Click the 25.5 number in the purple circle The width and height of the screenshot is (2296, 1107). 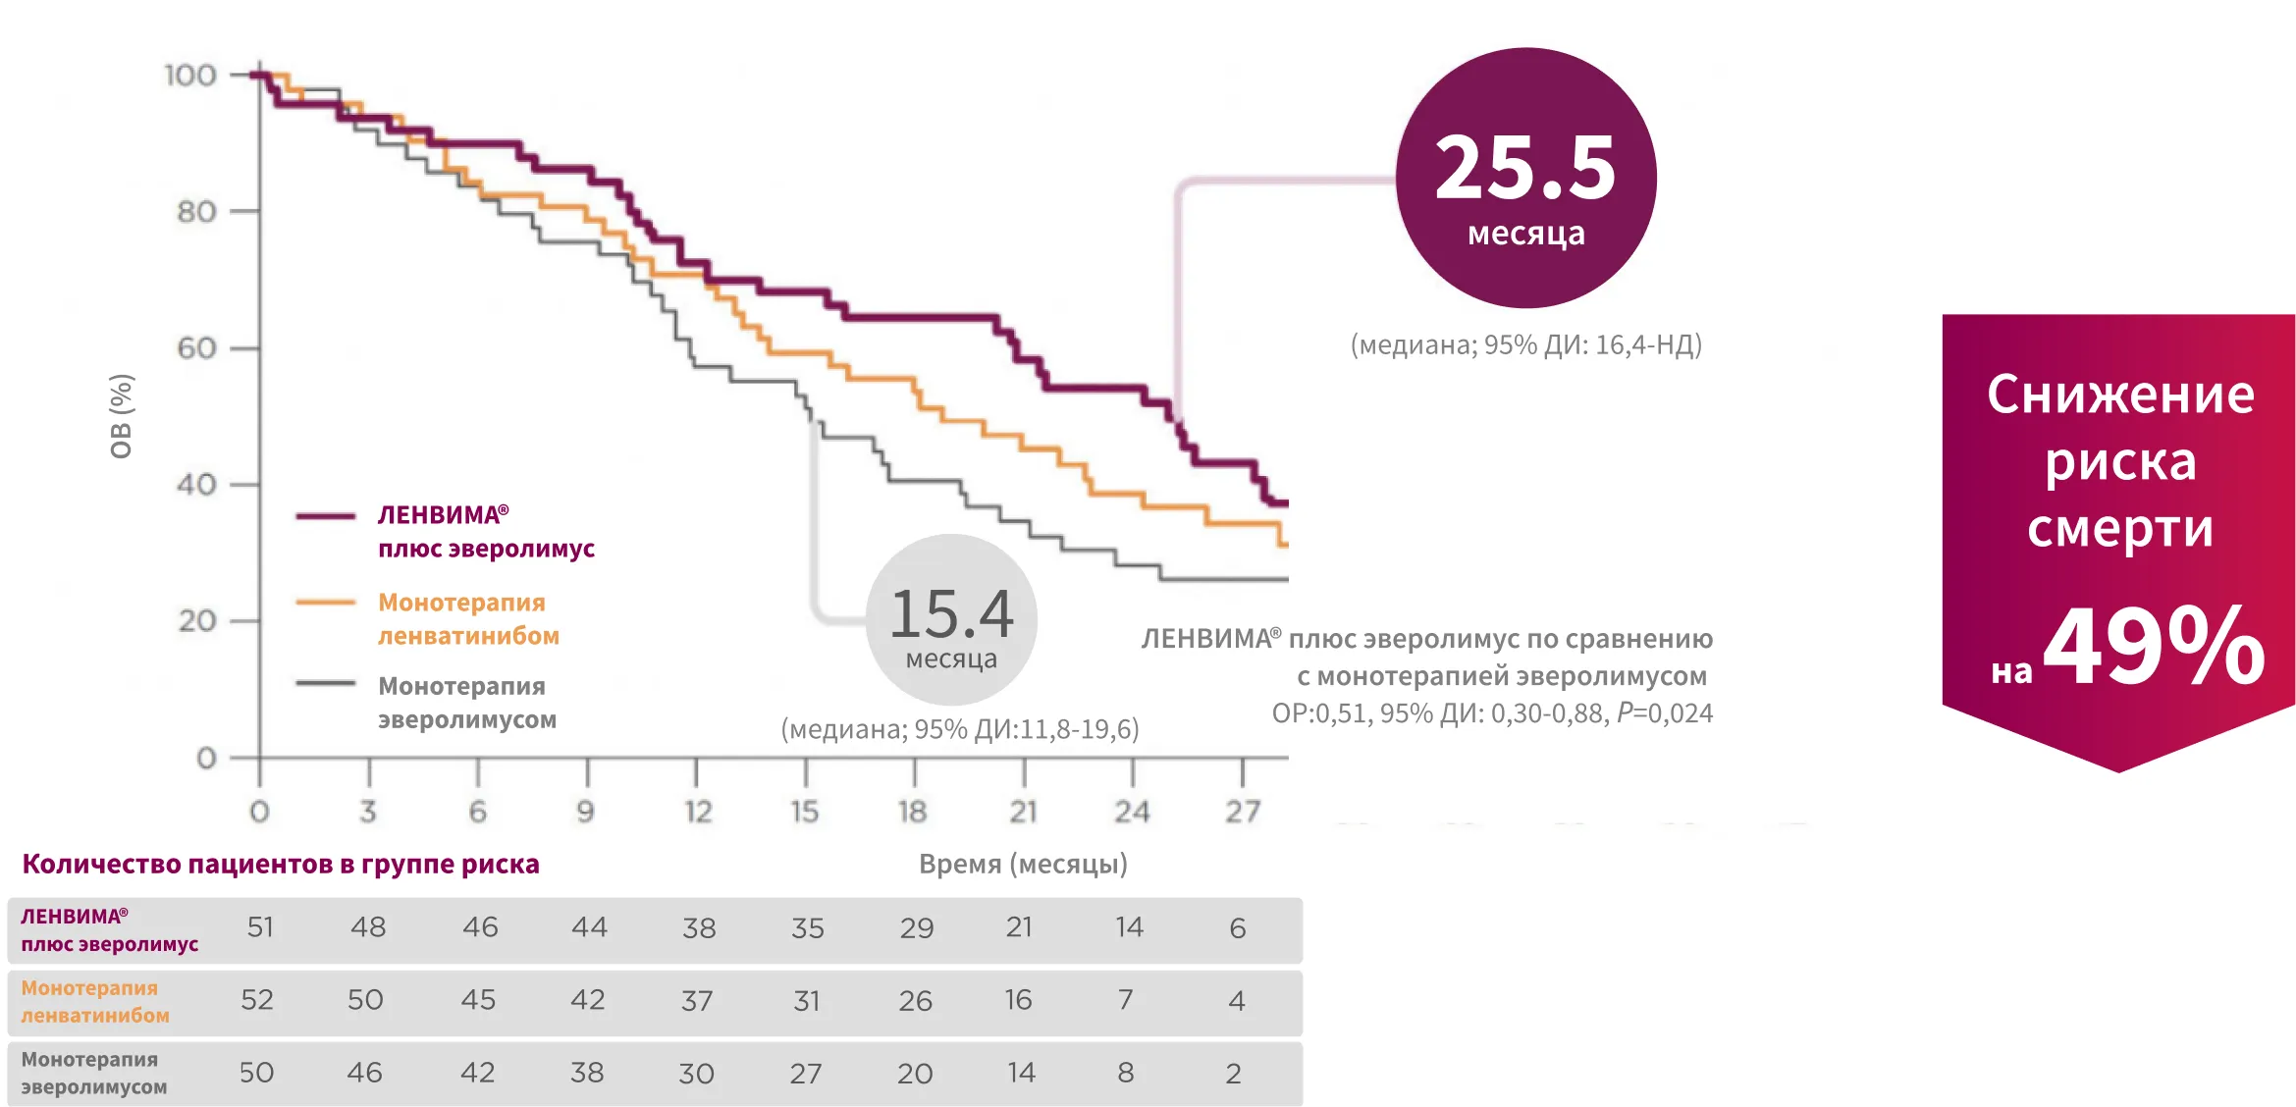pyautogui.click(x=1524, y=169)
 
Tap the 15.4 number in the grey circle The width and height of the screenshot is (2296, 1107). pyautogui.click(x=951, y=614)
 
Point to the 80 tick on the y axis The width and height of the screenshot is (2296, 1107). pyautogui.click(x=196, y=212)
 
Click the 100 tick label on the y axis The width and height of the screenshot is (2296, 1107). pyautogui.click(x=190, y=76)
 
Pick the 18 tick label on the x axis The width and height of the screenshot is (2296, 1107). pyautogui.click(x=912, y=812)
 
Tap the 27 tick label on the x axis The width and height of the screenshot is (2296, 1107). pyautogui.click(x=1242, y=812)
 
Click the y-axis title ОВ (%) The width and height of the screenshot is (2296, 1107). pyautogui.click(x=122, y=416)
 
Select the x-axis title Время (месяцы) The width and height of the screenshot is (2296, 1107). pyautogui.click(x=1023, y=864)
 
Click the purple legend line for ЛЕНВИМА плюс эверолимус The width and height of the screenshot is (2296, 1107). pyautogui.click(x=326, y=515)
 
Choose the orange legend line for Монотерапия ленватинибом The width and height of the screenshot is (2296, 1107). pyautogui.click(x=326, y=602)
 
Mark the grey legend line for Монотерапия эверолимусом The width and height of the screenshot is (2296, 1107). pyautogui.click(x=326, y=683)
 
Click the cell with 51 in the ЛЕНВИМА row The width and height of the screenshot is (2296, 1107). pyautogui.click(x=260, y=927)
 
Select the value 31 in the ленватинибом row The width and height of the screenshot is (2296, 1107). pyautogui.click(x=807, y=1001)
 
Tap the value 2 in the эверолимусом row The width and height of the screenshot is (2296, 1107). pyautogui.click(x=1233, y=1074)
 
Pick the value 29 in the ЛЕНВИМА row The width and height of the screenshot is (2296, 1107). pyautogui.click(x=917, y=928)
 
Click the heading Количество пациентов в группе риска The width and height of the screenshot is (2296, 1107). pyautogui.click(x=281, y=864)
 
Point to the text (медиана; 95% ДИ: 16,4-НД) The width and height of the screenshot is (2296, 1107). pyautogui.click(x=1525, y=344)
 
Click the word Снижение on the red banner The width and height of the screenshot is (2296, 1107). pyautogui.click(x=2120, y=395)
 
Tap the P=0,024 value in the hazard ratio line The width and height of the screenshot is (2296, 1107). pyautogui.click(x=1665, y=713)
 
